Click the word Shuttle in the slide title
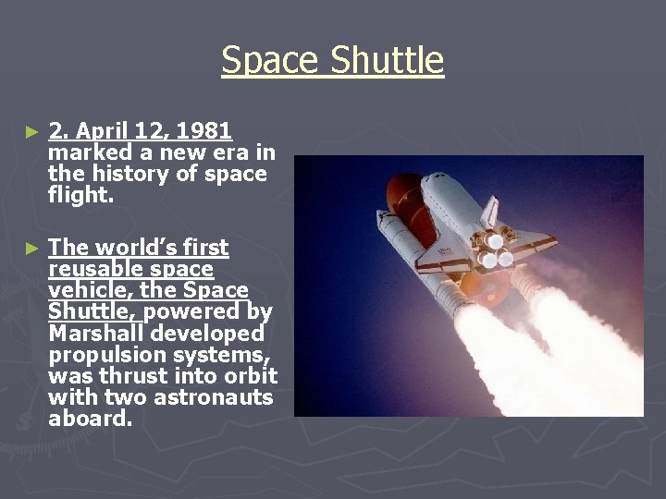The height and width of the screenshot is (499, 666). [x=387, y=61]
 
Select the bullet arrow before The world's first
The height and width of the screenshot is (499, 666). [x=32, y=248]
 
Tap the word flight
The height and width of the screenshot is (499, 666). [x=78, y=194]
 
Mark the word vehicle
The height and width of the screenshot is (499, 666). [x=85, y=290]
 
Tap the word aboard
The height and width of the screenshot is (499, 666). [x=90, y=418]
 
